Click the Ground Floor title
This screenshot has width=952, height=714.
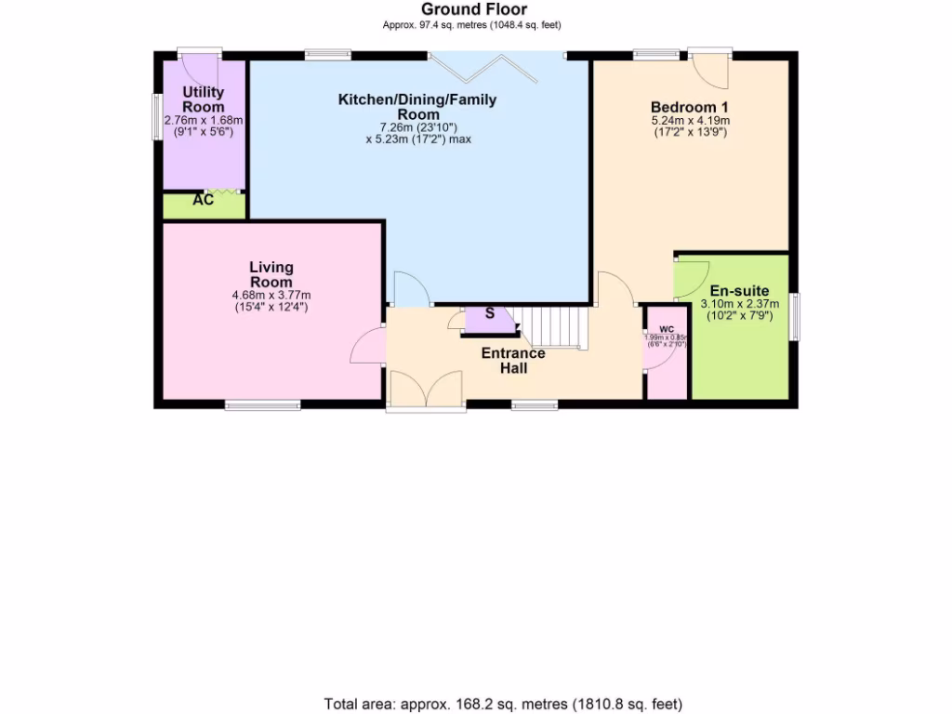[474, 10]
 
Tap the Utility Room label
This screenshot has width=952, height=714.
[204, 99]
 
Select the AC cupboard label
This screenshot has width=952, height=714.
[203, 200]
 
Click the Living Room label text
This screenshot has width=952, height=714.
[271, 275]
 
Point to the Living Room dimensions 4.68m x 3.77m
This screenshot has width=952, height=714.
[271, 296]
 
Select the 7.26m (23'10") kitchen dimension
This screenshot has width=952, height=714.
[417, 127]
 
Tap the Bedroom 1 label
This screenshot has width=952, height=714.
[689, 107]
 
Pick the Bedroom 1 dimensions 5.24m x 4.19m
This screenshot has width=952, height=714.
[689, 121]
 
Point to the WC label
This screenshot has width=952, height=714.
[667, 329]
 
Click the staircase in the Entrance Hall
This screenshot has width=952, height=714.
[554, 326]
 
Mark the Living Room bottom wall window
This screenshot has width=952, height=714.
[262, 404]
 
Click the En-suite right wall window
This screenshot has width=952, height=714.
[794, 317]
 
